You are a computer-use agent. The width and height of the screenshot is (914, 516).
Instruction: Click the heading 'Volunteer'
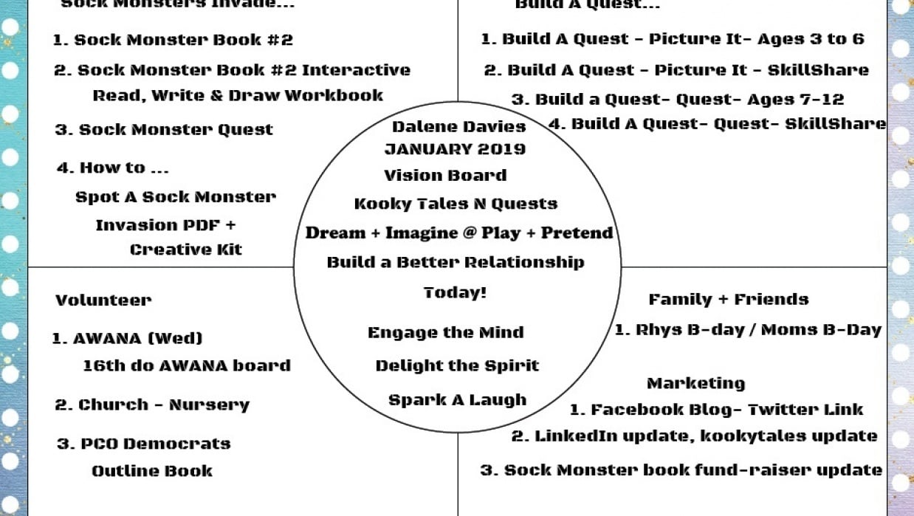pos(103,300)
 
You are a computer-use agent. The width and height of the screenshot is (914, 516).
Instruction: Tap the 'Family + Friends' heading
pos(728,299)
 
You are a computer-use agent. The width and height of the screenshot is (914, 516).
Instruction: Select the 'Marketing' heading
pos(695,383)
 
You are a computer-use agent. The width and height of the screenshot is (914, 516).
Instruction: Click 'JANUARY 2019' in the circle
pos(455,149)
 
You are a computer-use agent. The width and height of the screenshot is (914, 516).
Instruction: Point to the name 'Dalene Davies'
pos(458,126)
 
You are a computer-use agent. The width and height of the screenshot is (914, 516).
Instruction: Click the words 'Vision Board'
pos(445,176)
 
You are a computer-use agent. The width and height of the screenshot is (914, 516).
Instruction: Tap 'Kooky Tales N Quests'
pos(456,204)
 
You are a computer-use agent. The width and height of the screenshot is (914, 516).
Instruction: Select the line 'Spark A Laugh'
pos(457,400)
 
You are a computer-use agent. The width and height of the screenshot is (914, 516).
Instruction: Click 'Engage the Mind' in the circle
pos(446,332)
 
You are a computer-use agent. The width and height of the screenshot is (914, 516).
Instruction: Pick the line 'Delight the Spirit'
pos(457,365)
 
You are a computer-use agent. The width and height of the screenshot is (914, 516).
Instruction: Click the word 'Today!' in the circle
pos(455,292)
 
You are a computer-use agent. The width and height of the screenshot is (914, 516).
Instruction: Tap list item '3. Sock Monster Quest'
pos(164,130)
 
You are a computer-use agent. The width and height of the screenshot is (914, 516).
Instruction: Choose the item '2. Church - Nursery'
pos(152,405)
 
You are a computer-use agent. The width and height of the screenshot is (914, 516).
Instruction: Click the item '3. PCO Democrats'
pos(144,444)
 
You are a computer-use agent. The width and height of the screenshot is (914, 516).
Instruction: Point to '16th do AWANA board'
pos(187,365)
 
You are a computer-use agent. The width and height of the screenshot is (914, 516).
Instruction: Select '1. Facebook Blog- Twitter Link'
pos(715,410)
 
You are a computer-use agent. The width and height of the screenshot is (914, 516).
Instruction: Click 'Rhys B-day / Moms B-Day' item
pos(748,330)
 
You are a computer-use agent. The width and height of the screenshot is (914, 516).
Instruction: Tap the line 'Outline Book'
pos(151,471)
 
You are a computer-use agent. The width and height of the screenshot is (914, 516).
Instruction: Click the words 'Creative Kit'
pos(186,250)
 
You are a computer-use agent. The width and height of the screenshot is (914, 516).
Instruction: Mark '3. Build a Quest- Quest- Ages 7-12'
pos(677,99)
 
